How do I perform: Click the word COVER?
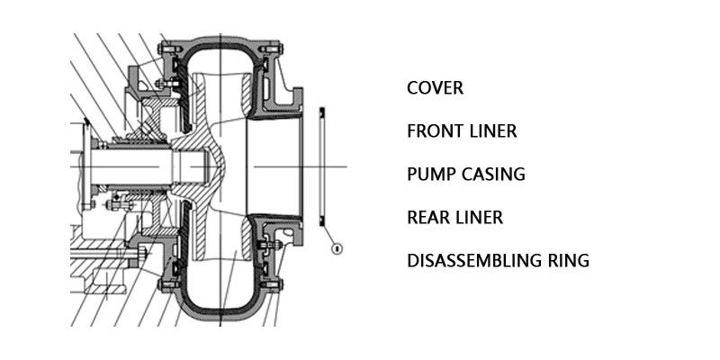click(x=435, y=88)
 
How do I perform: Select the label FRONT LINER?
click(x=462, y=131)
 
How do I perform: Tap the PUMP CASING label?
click(x=465, y=175)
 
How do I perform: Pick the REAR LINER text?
click(x=454, y=218)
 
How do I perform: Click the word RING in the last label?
click(x=571, y=262)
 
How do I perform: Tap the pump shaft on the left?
click(x=135, y=167)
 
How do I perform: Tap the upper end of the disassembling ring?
click(x=322, y=112)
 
